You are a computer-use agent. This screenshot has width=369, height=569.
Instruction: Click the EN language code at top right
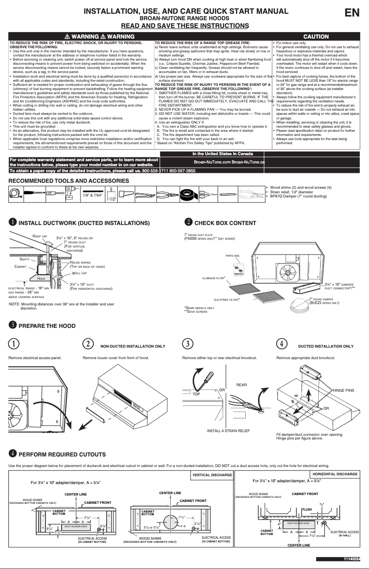pos(352,13)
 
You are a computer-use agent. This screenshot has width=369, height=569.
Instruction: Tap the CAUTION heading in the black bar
pos(316,36)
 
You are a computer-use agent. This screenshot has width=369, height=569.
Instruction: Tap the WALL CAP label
pos(79,273)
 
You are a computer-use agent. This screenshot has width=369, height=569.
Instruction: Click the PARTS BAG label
pos(232,255)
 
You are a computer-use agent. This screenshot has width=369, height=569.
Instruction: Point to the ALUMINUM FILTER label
pos(214,278)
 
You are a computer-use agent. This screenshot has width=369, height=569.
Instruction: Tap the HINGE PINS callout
pos(343,390)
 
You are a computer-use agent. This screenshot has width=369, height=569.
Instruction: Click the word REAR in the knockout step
pos(242,384)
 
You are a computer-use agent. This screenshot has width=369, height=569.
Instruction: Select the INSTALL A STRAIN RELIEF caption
pos(228,431)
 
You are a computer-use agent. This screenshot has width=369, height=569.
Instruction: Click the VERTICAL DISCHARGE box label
pos(212,475)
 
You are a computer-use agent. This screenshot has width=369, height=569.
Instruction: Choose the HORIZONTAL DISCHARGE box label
pos(335,473)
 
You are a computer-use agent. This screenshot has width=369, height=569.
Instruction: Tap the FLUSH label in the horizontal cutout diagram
pos(307,509)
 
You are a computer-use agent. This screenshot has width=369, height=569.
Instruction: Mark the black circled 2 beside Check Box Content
pos(188,222)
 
